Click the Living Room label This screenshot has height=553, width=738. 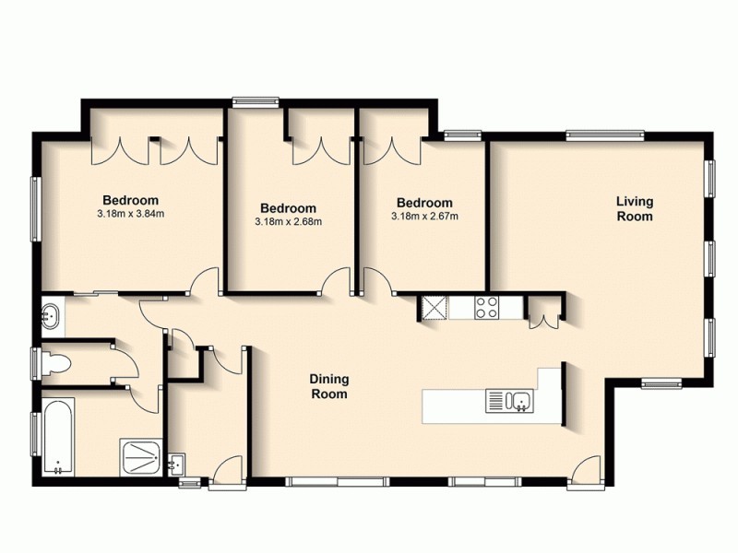(x=635, y=209)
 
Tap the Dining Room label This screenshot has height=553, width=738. (x=328, y=386)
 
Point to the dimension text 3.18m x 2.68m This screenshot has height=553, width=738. (x=288, y=222)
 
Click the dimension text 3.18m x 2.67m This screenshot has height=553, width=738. (x=424, y=217)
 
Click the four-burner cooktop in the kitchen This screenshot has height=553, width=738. (x=487, y=307)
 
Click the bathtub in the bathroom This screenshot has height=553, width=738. (x=57, y=437)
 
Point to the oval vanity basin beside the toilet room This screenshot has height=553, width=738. (x=51, y=317)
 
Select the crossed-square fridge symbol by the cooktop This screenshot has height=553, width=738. (x=432, y=307)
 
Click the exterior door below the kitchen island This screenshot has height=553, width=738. (x=583, y=472)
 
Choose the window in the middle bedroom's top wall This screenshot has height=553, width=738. (x=256, y=103)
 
